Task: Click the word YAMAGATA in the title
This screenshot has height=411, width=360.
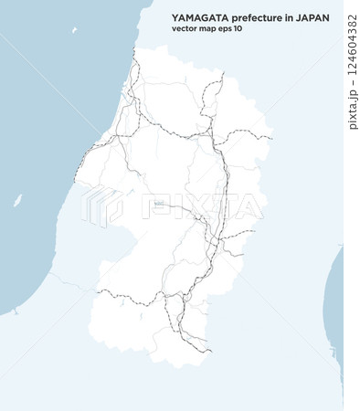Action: (196, 17)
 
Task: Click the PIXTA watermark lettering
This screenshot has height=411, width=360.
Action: (206, 208)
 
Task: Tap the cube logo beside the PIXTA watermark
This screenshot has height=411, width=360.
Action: (101, 205)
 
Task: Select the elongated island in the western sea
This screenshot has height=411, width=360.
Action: (16, 201)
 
